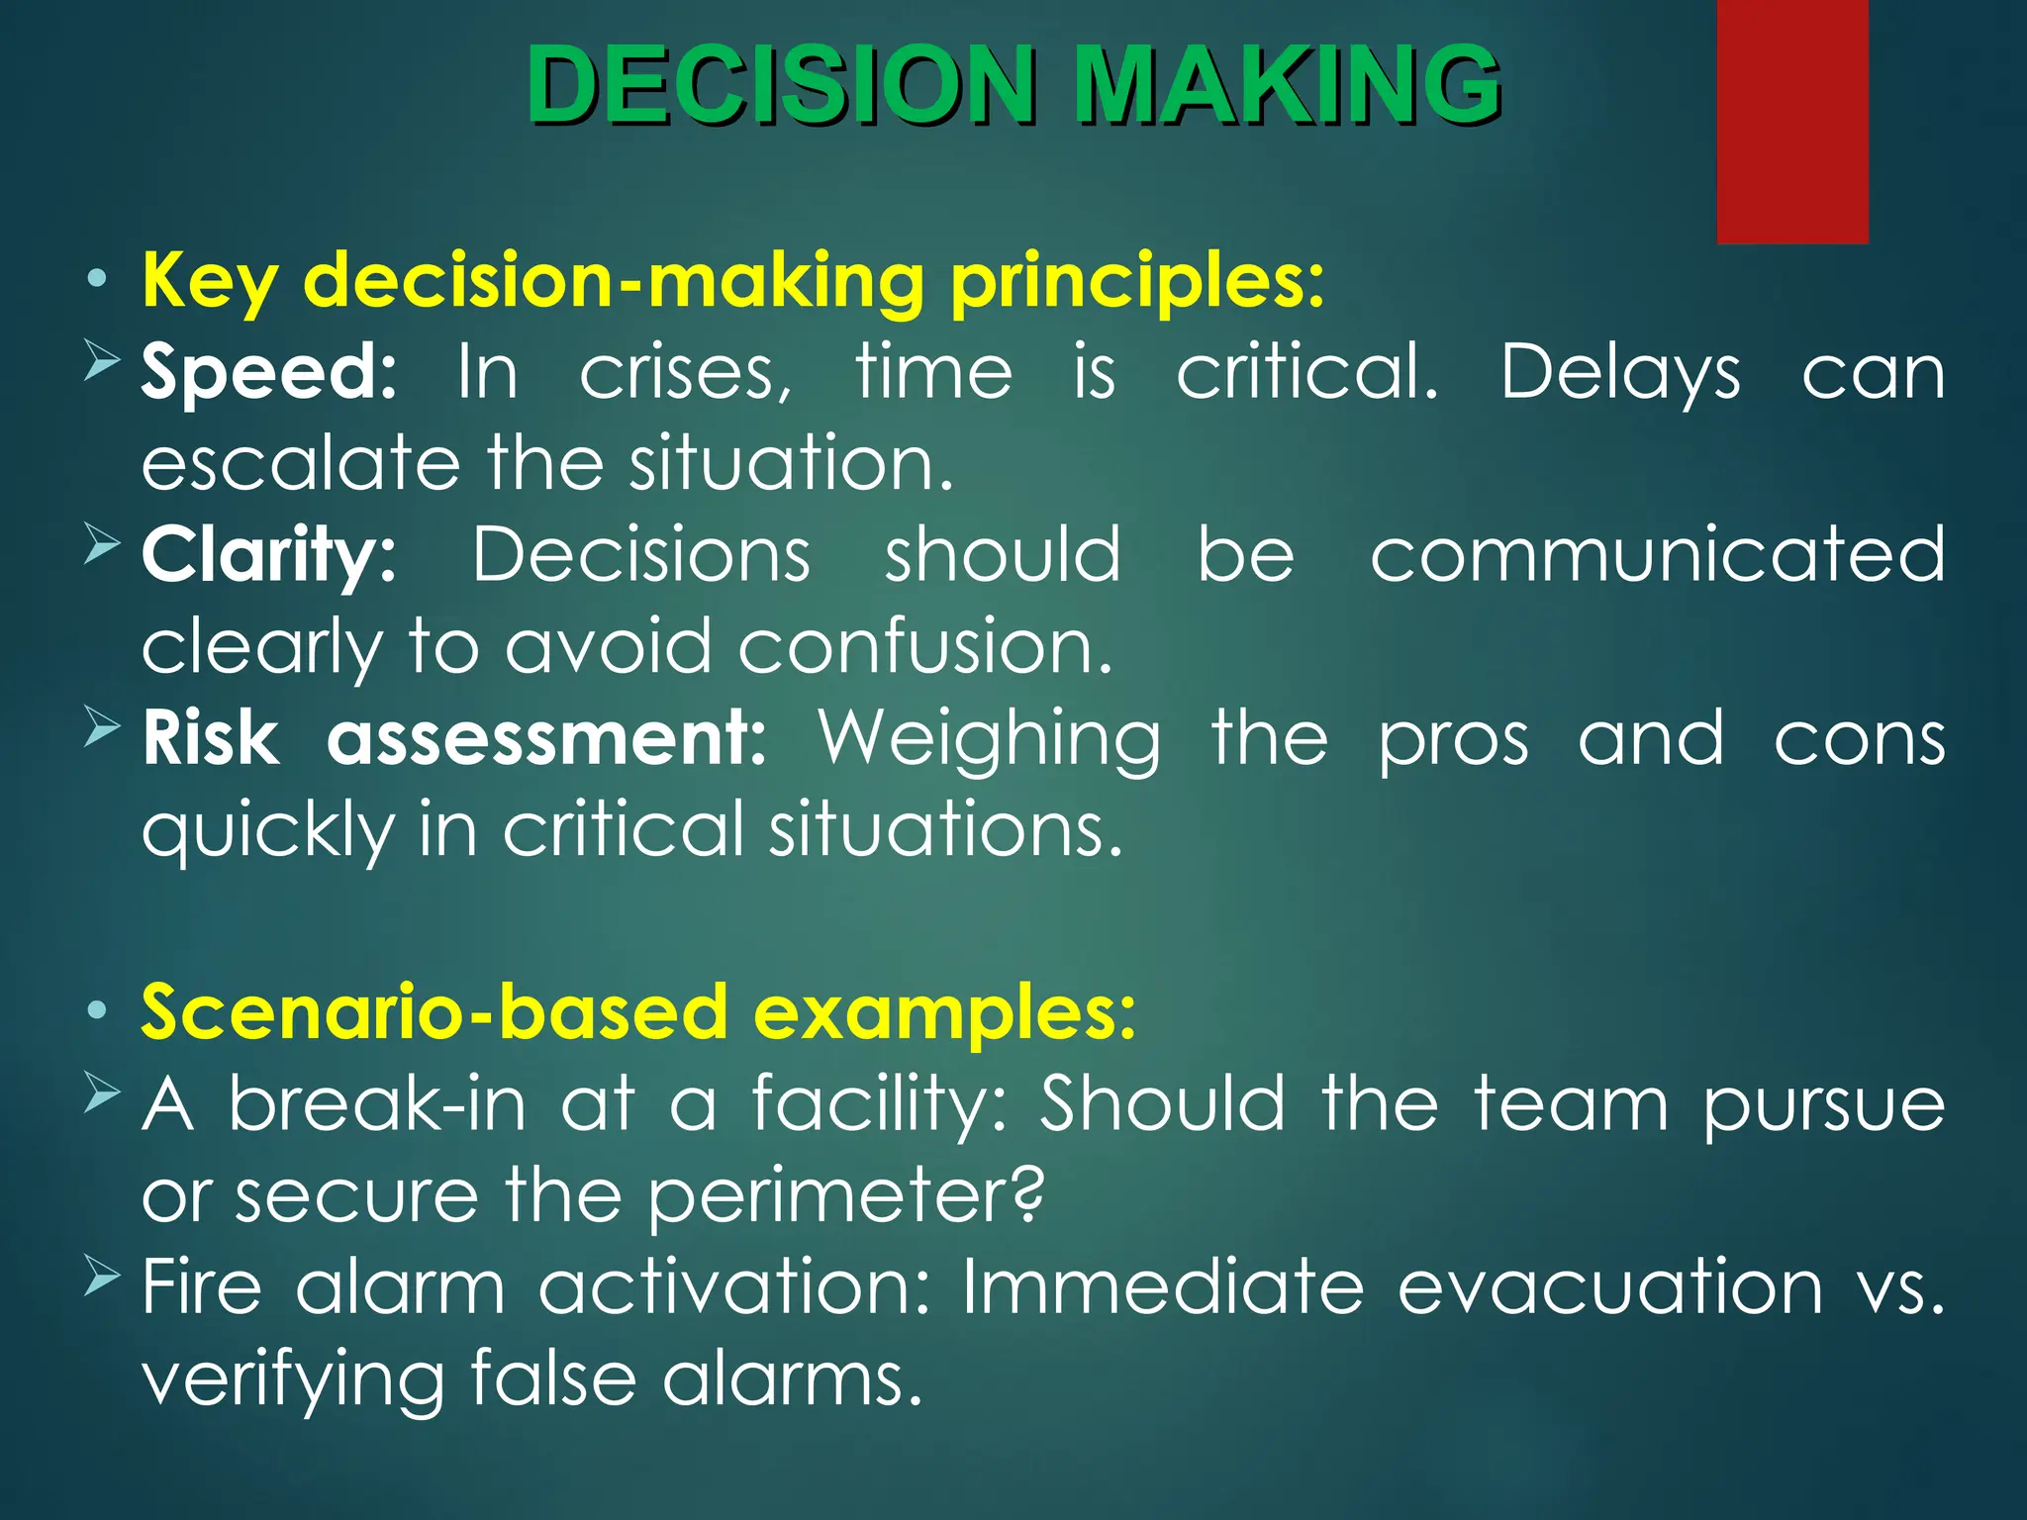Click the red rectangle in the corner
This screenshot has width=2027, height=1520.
[1791, 121]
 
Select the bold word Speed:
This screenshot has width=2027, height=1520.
[268, 373]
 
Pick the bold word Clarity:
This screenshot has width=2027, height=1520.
[268, 556]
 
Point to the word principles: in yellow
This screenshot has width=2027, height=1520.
[1136, 282]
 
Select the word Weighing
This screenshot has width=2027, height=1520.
[989, 740]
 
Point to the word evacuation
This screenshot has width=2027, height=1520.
[1609, 1286]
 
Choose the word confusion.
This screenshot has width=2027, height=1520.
[924, 646]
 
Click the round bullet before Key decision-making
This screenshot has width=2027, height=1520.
[96, 280]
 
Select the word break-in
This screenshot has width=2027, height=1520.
[377, 1103]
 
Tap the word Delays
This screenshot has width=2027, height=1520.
[1620, 373]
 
